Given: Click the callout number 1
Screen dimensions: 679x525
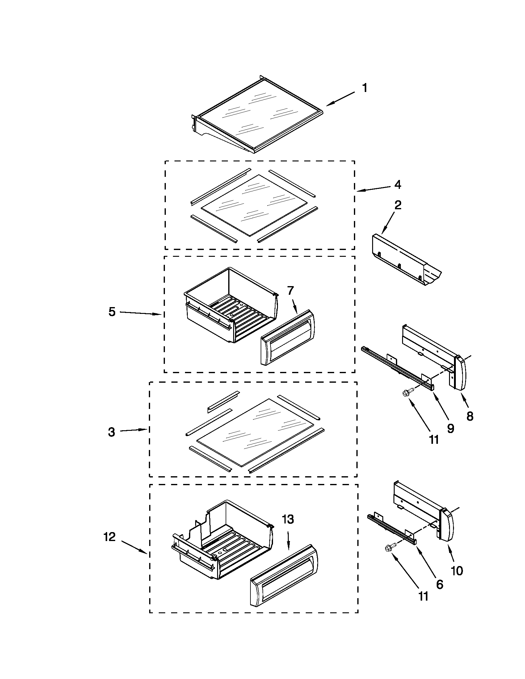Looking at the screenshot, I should coord(365,88).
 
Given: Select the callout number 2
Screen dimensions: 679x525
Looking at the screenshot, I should coord(398,205).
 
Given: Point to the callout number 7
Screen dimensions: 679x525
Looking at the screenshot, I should coord(290,290).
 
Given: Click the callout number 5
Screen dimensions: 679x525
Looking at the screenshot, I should coord(112,311).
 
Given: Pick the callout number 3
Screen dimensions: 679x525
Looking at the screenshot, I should coord(111,432).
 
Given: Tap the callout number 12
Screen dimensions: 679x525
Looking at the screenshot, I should coord(110,537).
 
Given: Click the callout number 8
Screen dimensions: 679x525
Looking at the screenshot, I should coord(470,416).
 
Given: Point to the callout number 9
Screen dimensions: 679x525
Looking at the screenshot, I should coord(450,428).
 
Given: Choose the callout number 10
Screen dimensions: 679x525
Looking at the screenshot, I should coord(457,570).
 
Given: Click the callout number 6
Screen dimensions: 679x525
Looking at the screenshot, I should coord(439,584).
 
